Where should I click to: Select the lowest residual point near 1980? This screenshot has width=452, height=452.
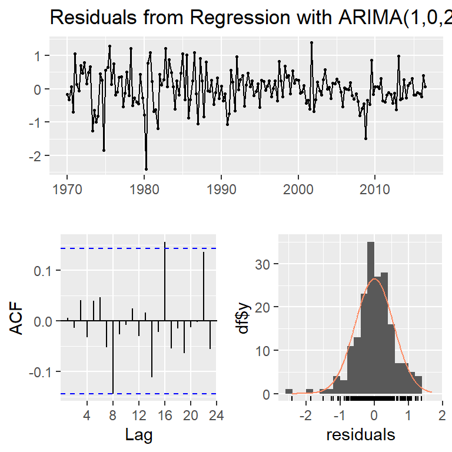[146, 169]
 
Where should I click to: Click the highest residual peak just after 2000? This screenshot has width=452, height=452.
[311, 42]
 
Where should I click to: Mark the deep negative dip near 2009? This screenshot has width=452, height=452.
[365, 138]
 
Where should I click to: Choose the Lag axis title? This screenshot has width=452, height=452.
[139, 436]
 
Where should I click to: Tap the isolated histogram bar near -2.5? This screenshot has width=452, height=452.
[288, 391]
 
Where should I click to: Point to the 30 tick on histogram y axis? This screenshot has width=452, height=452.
[265, 264]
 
